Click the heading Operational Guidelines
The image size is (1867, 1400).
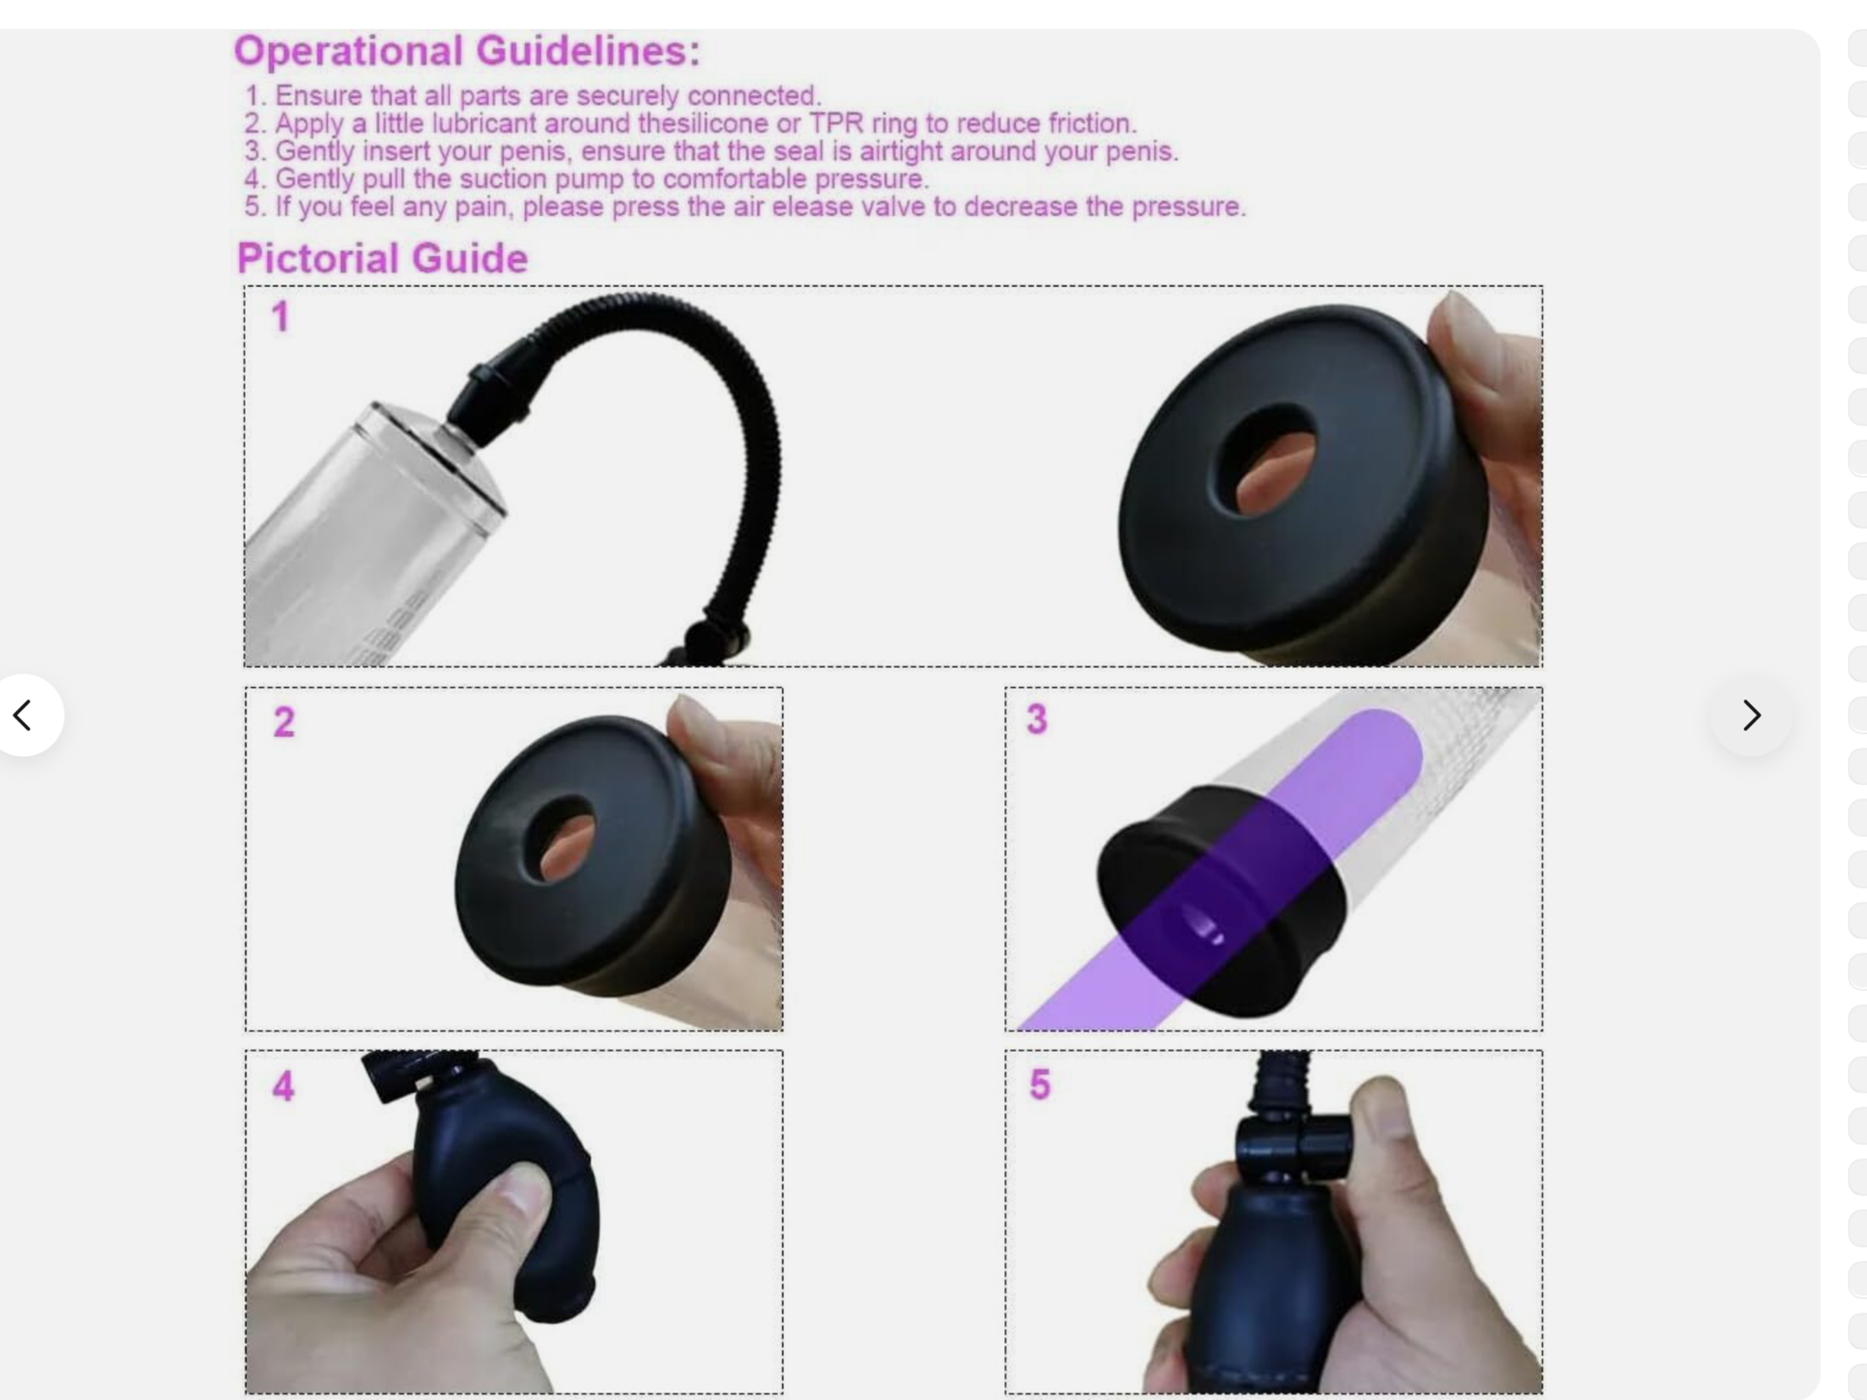coord(467,52)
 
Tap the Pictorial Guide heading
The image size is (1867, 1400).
coord(382,258)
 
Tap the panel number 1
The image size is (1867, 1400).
coord(280,317)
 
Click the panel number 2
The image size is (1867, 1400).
coord(284,722)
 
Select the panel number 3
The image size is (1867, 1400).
coord(1037,719)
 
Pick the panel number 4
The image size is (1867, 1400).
coord(283,1086)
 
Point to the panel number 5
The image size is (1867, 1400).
coord(1040,1084)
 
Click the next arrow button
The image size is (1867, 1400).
coord(1752,715)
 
